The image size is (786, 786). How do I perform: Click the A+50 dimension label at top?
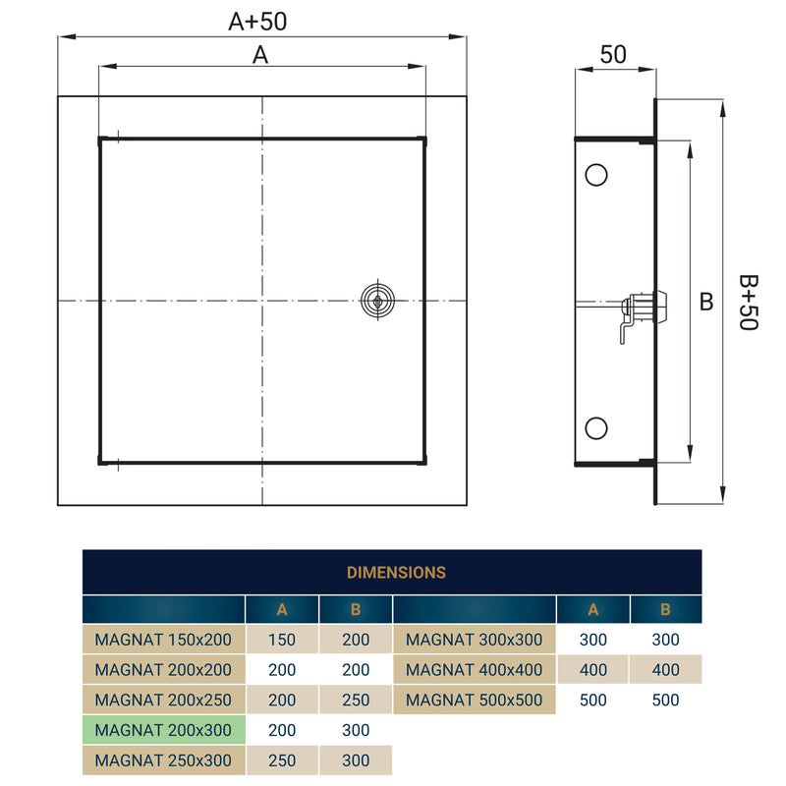coord(258,21)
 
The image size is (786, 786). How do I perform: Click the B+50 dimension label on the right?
coord(749,303)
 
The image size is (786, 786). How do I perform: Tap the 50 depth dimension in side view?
coord(613,54)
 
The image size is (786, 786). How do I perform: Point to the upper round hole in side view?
coord(595,175)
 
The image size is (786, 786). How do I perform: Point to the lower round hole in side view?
coord(595,427)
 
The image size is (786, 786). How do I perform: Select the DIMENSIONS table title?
coord(396,572)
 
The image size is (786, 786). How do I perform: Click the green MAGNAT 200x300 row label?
coord(163,730)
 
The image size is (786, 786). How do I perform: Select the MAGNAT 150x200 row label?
coord(163,640)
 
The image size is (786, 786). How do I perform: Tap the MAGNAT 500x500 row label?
coord(474,701)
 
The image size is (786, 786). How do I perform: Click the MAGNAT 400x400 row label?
coord(474,670)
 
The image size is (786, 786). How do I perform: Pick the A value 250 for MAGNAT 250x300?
coord(282,760)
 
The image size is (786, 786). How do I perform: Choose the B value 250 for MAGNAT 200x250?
coord(356,701)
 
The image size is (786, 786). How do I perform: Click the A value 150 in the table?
coord(282,640)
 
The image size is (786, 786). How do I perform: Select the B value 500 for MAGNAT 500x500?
coord(665,701)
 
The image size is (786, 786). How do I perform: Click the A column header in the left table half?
coord(282,609)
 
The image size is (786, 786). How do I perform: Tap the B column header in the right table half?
coord(665,609)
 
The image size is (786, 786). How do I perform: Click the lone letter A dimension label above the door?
coord(260,56)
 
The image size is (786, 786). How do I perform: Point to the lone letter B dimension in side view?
coord(705,303)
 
